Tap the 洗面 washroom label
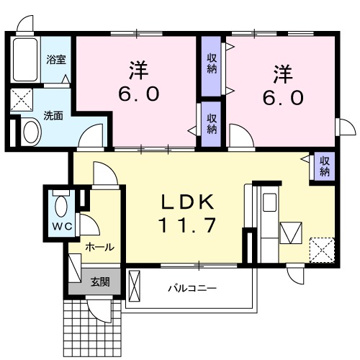(53, 114)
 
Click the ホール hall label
(99, 247)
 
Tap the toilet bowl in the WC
(60, 207)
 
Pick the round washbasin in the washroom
(31, 132)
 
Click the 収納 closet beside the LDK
(325, 166)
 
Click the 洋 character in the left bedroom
(138, 71)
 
